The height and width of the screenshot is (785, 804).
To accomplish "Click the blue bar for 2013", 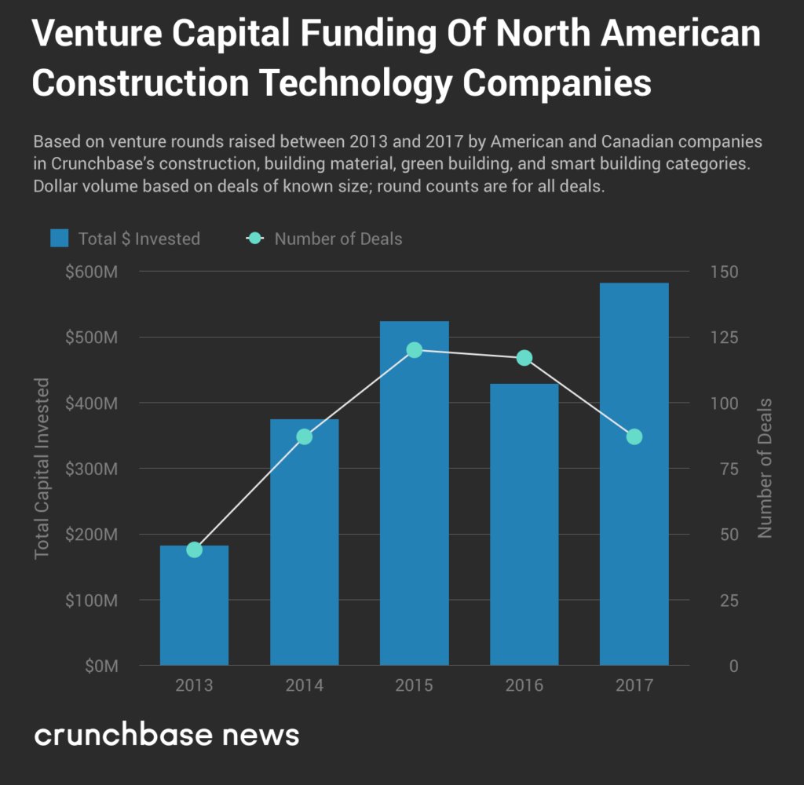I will click(x=194, y=605).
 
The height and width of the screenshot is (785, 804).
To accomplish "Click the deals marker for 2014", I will click(x=305, y=436).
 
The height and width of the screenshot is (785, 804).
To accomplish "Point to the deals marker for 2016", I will click(x=524, y=358).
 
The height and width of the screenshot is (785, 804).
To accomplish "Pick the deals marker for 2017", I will click(x=634, y=436).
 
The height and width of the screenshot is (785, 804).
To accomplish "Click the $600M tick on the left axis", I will click(x=93, y=272).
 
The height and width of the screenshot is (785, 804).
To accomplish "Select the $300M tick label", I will click(x=93, y=469).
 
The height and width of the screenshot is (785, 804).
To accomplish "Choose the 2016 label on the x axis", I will click(x=524, y=685).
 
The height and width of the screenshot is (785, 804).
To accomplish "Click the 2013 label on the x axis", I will click(x=194, y=685).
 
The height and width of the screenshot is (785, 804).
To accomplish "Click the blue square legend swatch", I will click(x=60, y=239).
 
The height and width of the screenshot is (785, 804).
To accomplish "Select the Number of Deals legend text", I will click(x=338, y=239).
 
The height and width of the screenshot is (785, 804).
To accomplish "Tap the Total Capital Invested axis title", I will click(x=42, y=469).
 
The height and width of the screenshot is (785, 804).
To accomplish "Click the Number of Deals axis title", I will click(x=765, y=469).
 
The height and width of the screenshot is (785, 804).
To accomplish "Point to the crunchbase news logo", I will click(x=166, y=736).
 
